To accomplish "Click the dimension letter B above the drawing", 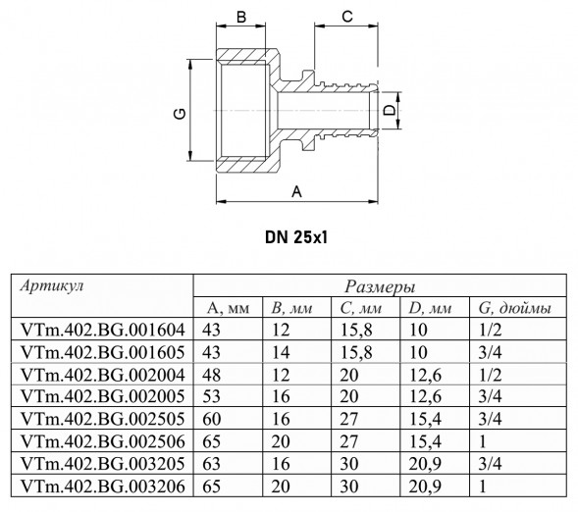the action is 241,17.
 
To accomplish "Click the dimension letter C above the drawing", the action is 347,17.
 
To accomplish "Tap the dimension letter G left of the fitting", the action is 180,114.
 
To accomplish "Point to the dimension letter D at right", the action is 390,110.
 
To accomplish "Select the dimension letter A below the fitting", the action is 296,192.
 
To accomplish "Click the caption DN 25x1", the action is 296,237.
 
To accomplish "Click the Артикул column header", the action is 52,285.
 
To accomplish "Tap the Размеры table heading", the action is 380,286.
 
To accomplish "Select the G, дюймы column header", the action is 515,308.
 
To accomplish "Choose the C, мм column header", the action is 361,308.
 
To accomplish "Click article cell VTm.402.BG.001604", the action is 103,330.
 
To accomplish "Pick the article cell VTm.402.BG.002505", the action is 103,419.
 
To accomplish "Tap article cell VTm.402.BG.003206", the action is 103,486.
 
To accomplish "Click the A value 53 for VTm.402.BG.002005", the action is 211,396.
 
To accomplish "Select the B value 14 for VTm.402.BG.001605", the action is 281,352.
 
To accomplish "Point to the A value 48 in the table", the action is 211,375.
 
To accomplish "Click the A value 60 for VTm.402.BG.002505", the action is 211,419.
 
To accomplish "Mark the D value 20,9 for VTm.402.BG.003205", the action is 425,464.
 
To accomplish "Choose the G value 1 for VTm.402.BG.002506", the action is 483,441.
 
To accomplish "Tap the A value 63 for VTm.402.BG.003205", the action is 211,464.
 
